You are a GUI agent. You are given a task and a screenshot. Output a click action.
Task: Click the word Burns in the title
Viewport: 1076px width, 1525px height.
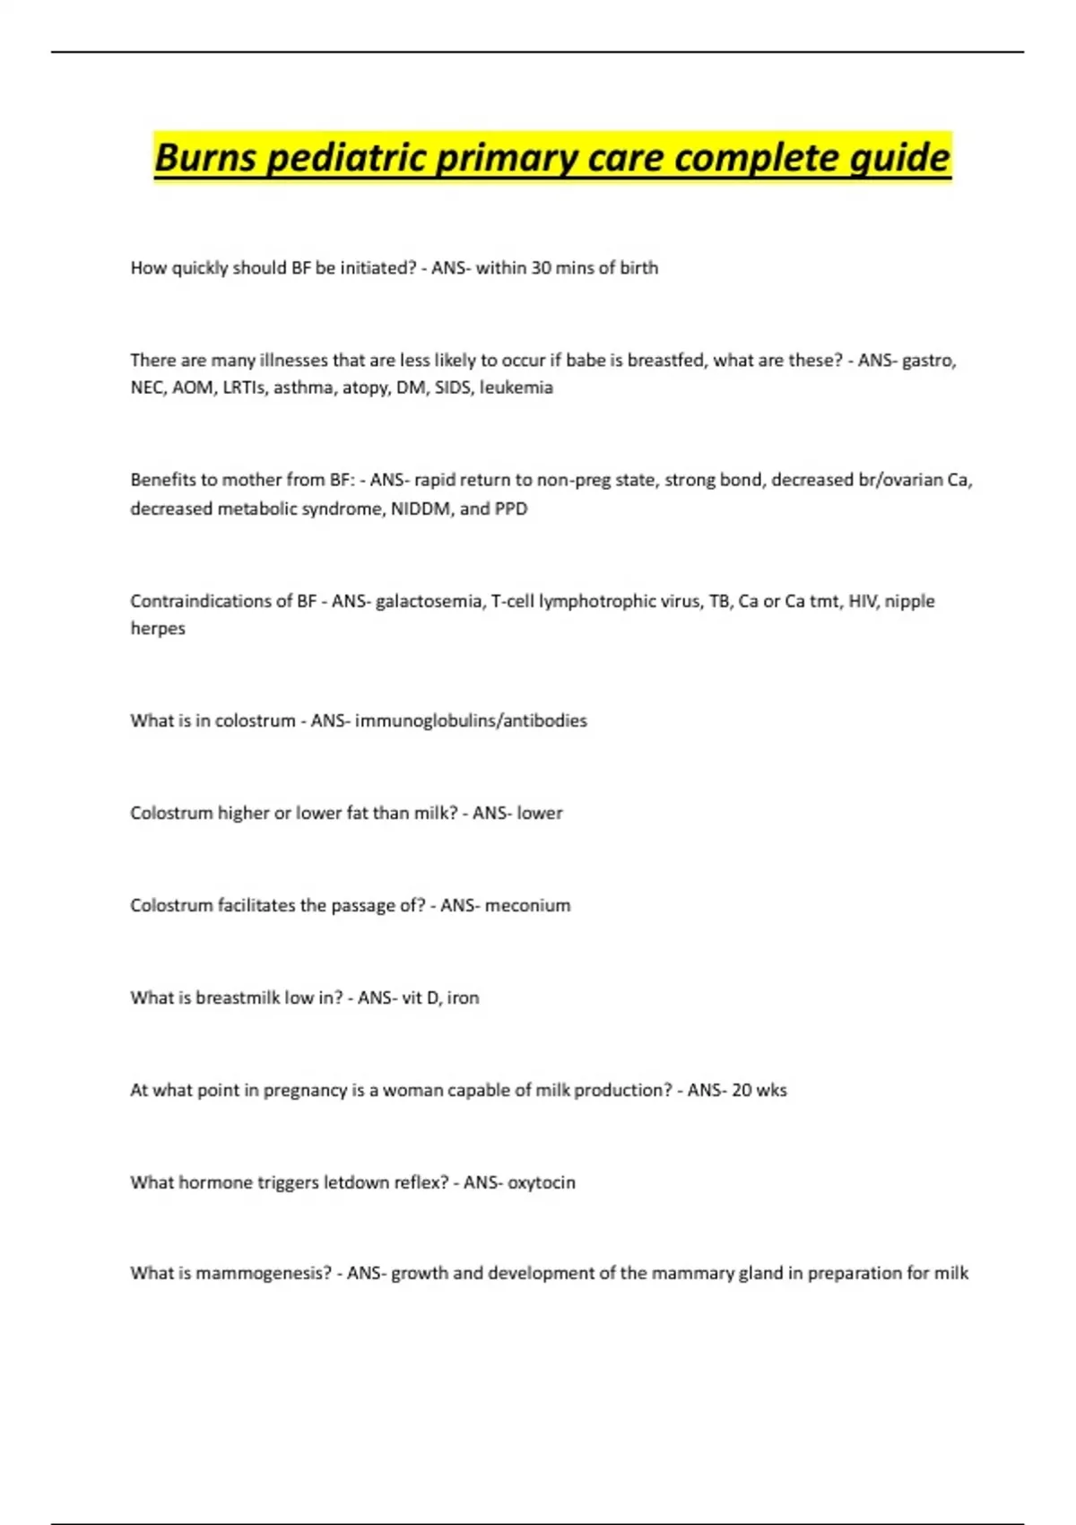205,158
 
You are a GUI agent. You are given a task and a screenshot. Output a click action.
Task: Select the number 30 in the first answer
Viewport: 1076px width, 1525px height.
541,267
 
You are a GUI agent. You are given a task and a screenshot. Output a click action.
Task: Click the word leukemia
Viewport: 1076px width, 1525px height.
516,388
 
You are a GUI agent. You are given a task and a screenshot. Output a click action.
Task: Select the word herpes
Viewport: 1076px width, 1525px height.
158,629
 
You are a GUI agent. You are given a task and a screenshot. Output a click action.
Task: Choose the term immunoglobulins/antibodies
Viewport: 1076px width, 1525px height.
471,720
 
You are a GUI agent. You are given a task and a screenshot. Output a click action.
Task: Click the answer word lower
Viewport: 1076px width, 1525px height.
540,813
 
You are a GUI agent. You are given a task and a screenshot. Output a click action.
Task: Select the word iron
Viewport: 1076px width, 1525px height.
463,998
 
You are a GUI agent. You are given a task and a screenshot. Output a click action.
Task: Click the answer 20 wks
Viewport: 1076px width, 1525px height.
759,1090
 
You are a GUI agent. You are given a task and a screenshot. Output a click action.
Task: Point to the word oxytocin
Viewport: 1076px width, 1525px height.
542,1182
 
